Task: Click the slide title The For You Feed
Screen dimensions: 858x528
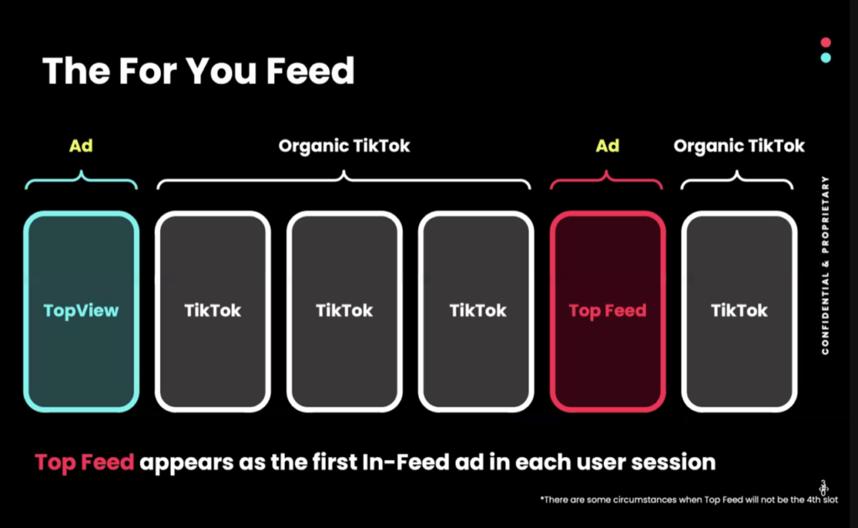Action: [198, 70]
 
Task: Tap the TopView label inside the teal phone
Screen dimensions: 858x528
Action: [81, 311]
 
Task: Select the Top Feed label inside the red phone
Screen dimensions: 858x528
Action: [607, 311]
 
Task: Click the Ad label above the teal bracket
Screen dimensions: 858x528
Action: [81, 146]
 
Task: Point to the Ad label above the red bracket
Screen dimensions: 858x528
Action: [607, 146]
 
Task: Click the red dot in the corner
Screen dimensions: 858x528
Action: [825, 42]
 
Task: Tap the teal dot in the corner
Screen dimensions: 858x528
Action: [825, 58]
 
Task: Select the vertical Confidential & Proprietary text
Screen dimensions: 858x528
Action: [825, 266]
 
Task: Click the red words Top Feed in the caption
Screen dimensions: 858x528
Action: [85, 463]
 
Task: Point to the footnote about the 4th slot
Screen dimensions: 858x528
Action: [689, 500]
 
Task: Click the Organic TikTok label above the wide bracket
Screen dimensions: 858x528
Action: [344, 146]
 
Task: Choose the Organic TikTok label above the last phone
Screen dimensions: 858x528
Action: [739, 146]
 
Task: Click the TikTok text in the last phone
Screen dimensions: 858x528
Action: [739, 311]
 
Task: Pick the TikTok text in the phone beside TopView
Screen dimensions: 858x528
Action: [213, 311]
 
